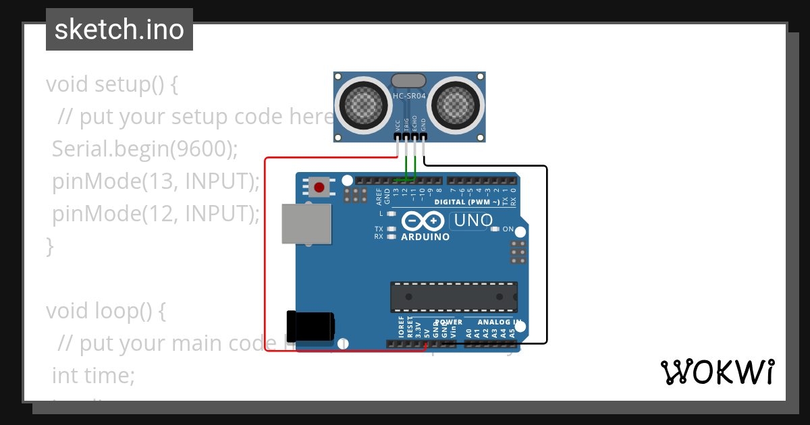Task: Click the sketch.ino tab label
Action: click(119, 30)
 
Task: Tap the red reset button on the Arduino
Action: click(319, 186)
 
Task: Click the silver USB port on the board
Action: click(306, 223)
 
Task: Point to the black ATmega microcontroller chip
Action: click(454, 297)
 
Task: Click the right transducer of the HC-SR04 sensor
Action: click(456, 104)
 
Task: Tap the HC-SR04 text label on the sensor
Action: click(409, 96)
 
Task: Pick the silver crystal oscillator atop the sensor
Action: click(409, 80)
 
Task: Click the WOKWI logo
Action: click(717, 372)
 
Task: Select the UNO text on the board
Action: click(475, 221)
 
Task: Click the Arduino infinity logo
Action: click(423, 221)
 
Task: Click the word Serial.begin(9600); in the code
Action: click(145, 149)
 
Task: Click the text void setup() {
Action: click(112, 85)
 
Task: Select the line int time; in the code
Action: click(94, 376)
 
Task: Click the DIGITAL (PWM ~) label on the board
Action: click(467, 202)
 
